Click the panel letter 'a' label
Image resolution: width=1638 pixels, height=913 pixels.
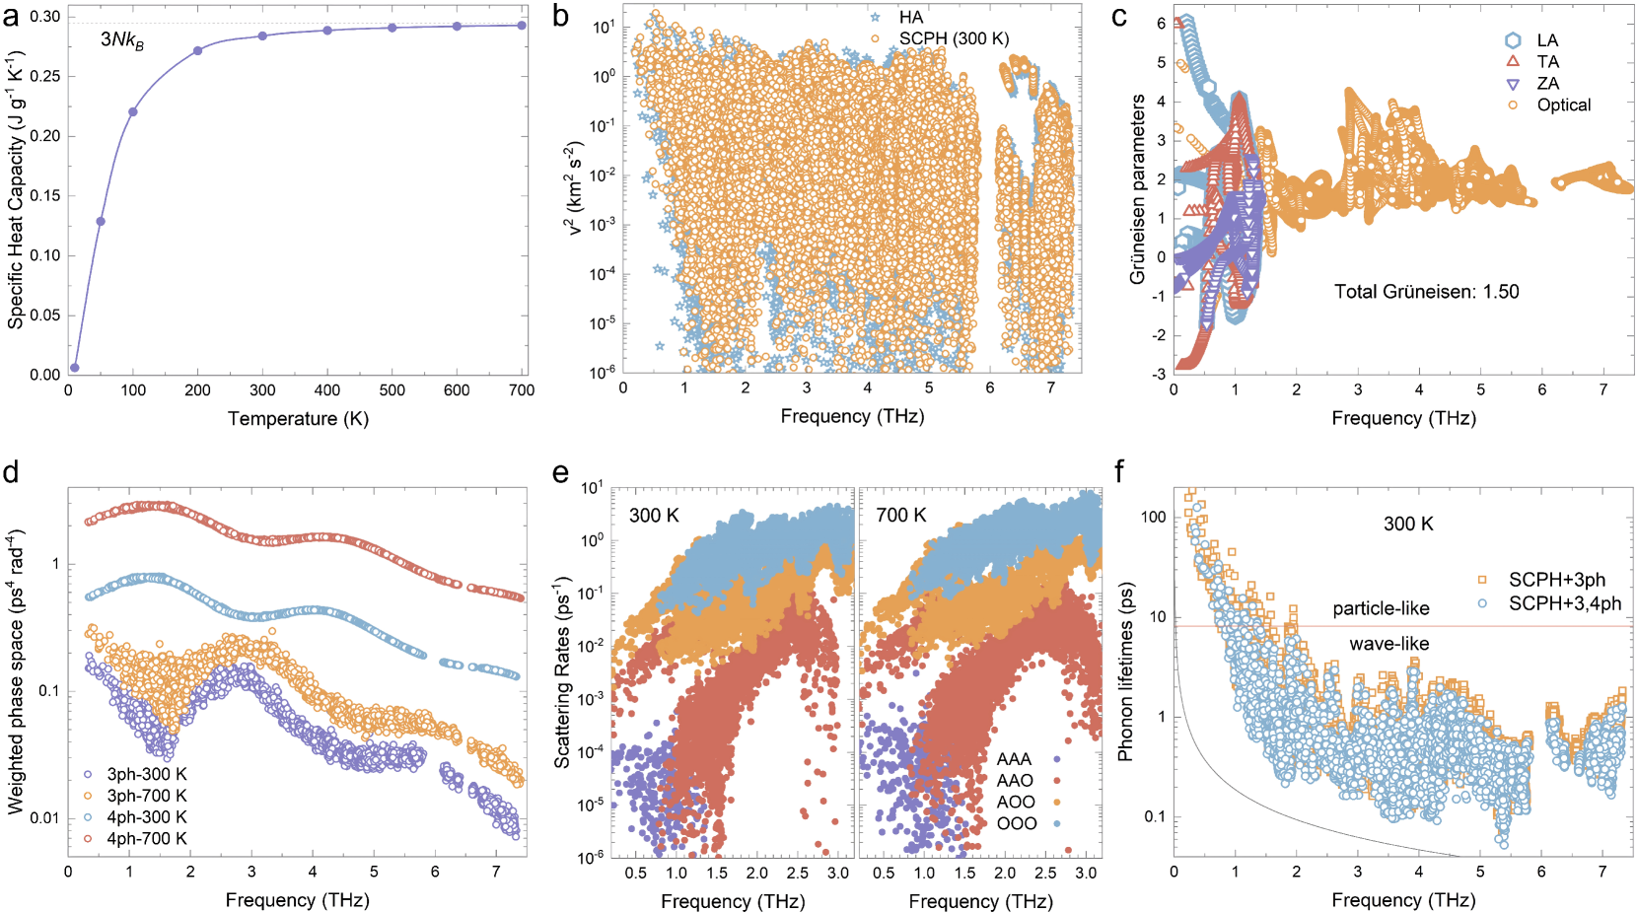11,17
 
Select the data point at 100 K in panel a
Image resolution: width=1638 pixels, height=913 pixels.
133,111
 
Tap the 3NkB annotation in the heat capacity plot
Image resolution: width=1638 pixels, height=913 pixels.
122,40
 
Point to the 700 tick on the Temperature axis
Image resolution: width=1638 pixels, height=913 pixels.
522,390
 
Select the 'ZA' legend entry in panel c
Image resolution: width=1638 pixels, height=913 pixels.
1547,84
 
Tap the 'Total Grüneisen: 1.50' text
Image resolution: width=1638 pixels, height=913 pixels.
1426,292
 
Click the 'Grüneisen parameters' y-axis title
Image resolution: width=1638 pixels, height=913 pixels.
1138,189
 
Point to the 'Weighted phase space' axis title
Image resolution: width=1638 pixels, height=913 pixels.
16,670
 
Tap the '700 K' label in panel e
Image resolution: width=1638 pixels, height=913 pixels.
900,516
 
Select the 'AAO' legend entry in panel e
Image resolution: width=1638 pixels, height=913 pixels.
1015,781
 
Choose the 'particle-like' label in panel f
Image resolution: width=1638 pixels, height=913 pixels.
1381,609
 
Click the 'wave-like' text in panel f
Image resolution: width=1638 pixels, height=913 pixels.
1389,644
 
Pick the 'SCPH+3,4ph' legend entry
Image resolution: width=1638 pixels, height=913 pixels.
1564,602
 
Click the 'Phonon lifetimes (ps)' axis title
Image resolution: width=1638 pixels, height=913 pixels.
1125,670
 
